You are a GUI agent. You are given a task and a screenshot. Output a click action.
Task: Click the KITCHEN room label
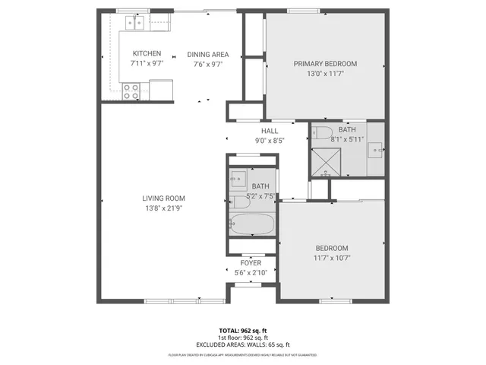coord(147,53)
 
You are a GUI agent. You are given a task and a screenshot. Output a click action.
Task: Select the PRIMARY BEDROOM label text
coord(325,64)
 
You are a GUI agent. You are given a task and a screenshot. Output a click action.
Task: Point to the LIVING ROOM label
coord(164,198)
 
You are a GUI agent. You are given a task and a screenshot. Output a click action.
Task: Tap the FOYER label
coord(251,262)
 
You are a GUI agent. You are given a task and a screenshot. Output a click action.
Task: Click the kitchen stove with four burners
coord(131,91)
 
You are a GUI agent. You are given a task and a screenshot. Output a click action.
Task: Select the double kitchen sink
coord(137,24)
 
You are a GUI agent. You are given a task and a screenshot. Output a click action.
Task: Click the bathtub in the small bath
coord(251,224)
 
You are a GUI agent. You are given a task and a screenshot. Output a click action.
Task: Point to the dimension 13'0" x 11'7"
coord(325,74)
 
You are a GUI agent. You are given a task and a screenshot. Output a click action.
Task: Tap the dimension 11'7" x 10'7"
coord(332,258)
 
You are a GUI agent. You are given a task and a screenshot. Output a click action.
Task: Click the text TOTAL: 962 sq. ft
coord(243,331)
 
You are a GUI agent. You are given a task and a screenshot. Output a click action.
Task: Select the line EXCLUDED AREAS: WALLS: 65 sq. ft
coord(243,344)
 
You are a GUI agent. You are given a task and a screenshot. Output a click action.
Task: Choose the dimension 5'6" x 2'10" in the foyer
coord(251,271)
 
